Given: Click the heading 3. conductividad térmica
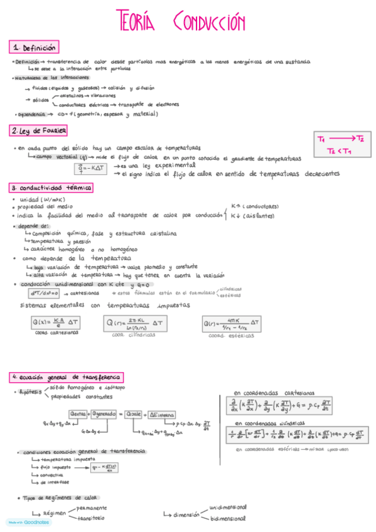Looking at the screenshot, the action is click(51, 188).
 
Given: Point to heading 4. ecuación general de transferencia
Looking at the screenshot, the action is click(65, 377).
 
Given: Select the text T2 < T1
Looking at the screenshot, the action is click(340, 151).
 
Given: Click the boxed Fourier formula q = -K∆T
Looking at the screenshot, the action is click(92, 168).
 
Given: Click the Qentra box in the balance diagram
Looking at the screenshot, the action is click(78, 414).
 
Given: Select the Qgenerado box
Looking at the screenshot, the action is click(107, 414).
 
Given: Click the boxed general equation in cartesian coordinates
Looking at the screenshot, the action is click(293, 406).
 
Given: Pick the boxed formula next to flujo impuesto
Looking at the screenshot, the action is click(105, 467).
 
